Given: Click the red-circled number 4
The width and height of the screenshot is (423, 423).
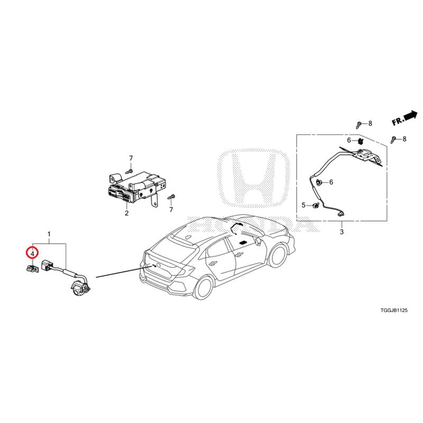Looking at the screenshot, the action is [32, 254].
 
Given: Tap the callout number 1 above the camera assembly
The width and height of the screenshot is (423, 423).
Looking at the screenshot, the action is [49, 234].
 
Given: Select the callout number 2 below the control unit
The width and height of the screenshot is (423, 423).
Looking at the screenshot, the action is [126, 213].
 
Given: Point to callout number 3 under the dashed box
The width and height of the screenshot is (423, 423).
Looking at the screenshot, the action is [342, 232].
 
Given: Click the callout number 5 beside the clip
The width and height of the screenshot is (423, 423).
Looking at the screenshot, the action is [304, 205].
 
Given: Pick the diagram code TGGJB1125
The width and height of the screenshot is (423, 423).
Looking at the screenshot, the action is [394, 310].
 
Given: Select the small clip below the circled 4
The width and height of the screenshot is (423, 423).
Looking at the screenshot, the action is [32, 269].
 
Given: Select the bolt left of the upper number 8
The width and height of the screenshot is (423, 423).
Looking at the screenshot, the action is [359, 125].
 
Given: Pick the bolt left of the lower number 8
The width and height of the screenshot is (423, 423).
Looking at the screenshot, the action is [393, 140].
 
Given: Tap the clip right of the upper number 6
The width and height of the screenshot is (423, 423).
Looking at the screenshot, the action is [360, 141].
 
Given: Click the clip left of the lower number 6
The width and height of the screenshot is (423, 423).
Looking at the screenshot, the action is [319, 182].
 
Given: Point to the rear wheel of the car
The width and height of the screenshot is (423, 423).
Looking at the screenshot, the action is [204, 288].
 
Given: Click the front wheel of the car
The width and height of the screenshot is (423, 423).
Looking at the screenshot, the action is [278, 255].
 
